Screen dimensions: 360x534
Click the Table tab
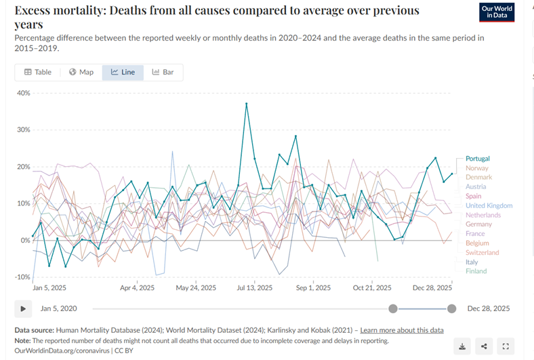click(x=38, y=72)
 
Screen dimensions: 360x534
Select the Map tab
click(x=81, y=72)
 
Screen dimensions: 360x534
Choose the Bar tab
click(x=163, y=72)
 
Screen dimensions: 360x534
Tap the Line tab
click(x=123, y=72)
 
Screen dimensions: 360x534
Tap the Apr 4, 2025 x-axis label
click(x=138, y=288)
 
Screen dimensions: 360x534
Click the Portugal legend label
click(x=477, y=159)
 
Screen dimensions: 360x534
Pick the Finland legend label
click(x=476, y=271)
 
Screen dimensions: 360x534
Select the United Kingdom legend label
click(x=489, y=205)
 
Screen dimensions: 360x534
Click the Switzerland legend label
click(x=482, y=252)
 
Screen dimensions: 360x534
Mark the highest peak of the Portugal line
click(x=246, y=104)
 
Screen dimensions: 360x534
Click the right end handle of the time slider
click(x=452, y=308)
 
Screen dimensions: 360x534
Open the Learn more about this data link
click(x=402, y=330)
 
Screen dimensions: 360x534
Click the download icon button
click(x=462, y=346)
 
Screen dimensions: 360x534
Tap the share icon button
click(x=484, y=346)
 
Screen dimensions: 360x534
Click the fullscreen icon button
click(x=506, y=346)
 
